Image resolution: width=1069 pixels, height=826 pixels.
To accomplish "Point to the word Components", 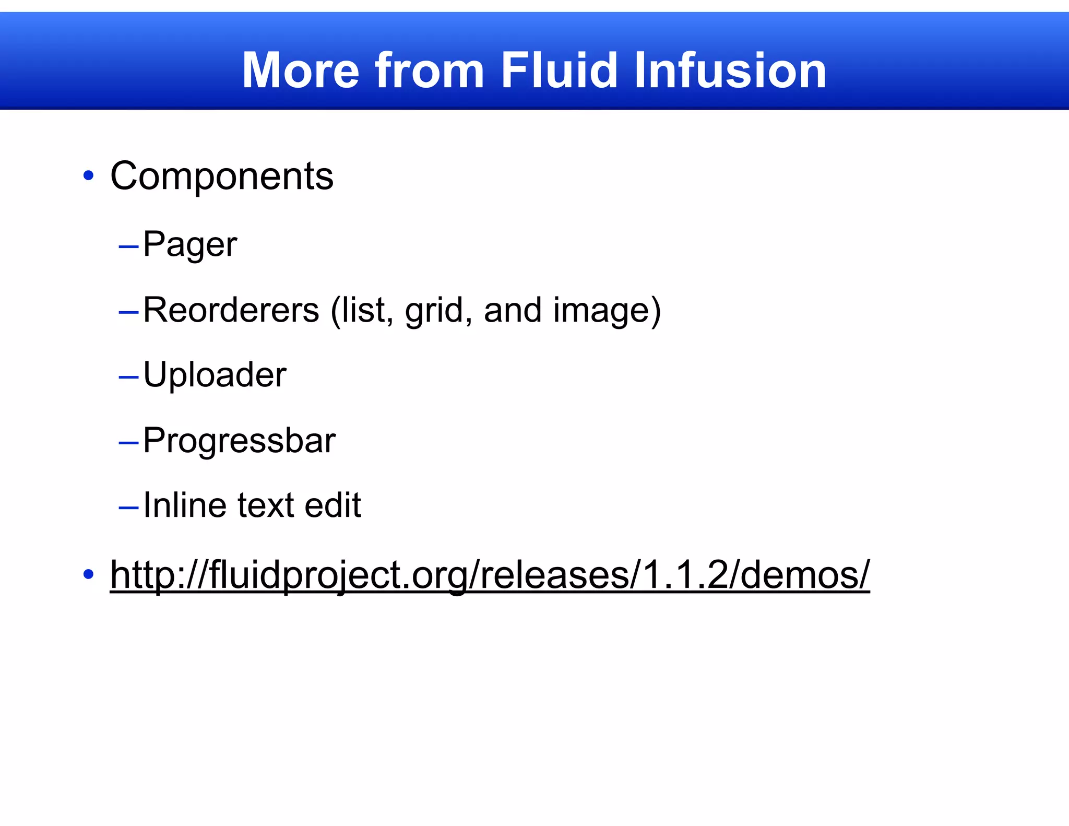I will coord(222,176).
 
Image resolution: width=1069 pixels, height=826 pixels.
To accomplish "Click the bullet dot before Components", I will coord(88,176).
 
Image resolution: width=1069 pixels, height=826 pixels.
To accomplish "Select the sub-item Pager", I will coord(190,244).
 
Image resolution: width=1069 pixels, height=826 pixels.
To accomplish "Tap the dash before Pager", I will coord(128,245).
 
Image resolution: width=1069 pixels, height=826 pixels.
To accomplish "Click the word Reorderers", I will coord(231,310).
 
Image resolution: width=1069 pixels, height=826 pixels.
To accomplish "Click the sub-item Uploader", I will coord(215,375).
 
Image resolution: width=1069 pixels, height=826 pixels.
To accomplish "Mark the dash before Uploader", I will coord(128,376).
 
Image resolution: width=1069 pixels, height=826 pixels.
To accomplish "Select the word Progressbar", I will coord(239,441).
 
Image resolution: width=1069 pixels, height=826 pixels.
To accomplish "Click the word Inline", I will coord(185,505).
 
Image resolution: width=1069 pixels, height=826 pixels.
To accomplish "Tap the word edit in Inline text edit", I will coord(332,505).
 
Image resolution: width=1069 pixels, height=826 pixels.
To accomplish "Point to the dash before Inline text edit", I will coord(128,507).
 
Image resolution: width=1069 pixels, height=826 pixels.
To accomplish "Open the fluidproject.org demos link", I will coord(490,575).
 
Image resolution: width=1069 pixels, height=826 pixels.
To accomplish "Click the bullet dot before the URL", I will coord(88,574).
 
